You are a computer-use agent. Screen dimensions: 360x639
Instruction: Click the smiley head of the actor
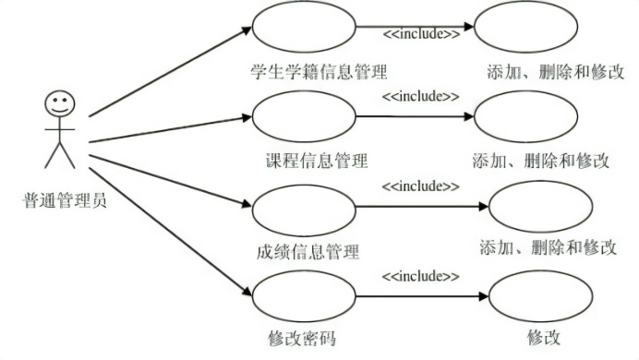[x=59, y=102]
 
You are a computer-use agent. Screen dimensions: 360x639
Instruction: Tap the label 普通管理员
[x=64, y=197]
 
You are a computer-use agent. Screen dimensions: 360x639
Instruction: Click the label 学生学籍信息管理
[x=319, y=70]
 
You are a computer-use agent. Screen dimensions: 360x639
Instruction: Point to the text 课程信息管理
[x=316, y=161]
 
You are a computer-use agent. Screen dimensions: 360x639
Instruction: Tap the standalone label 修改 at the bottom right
[x=544, y=338]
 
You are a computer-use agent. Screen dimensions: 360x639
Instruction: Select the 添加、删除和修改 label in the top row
[x=557, y=72]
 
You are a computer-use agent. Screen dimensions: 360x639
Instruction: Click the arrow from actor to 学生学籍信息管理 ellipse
[x=171, y=73]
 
